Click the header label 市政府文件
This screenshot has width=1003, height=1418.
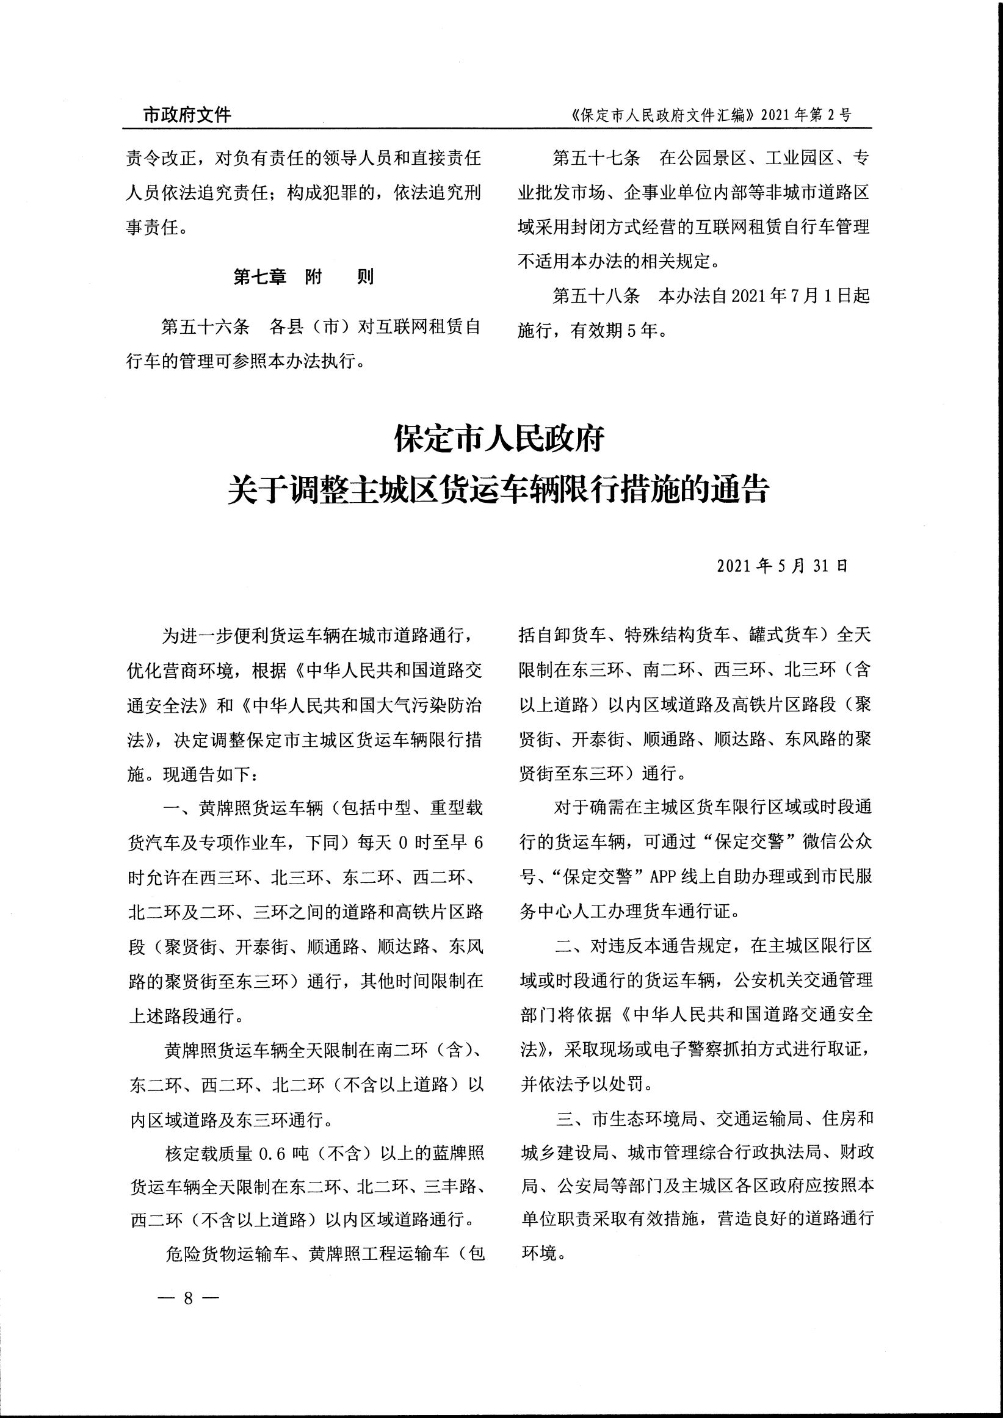click(x=187, y=115)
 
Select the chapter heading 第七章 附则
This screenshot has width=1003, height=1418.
click(x=303, y=277)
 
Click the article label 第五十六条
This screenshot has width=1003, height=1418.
click(x=205, y=326)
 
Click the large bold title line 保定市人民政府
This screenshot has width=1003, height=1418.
click(x=499, y=440)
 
